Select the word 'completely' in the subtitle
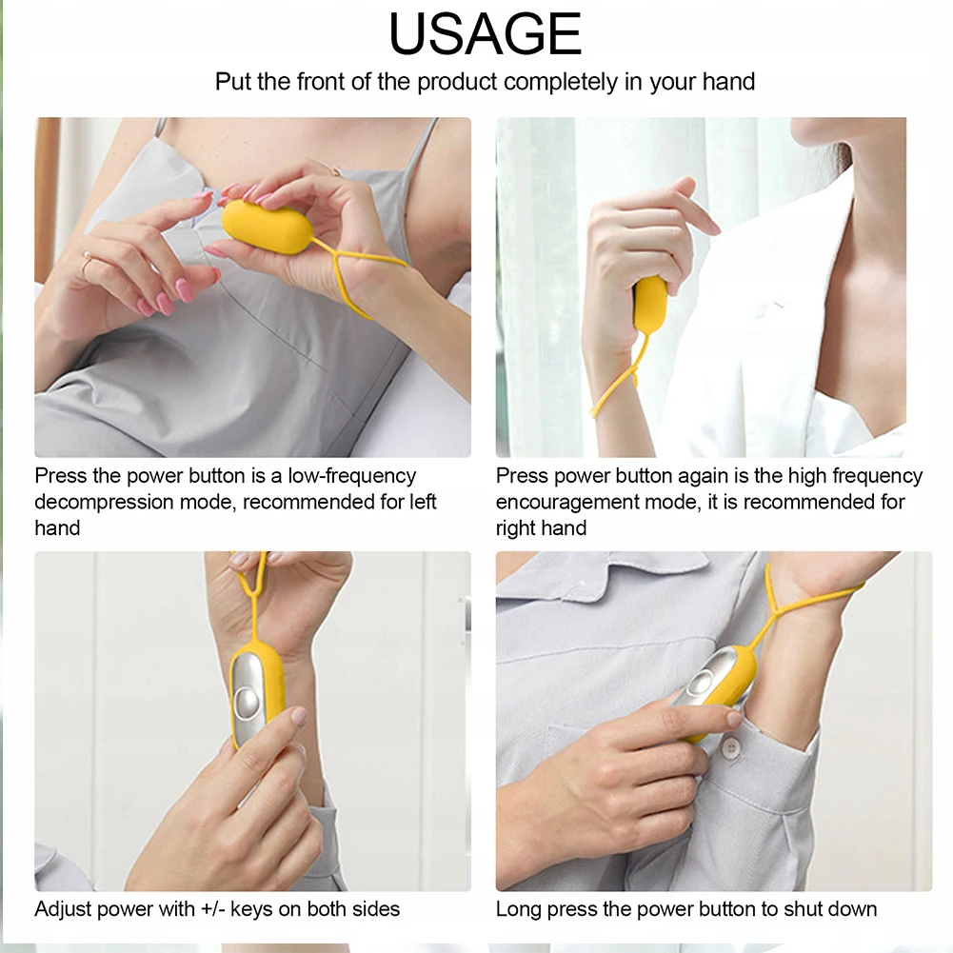pos(561,82)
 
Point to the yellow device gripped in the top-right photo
pos(649,305)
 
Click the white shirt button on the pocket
pos(731,748)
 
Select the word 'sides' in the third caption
pos(374,908)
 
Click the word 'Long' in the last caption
pos(518,908)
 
